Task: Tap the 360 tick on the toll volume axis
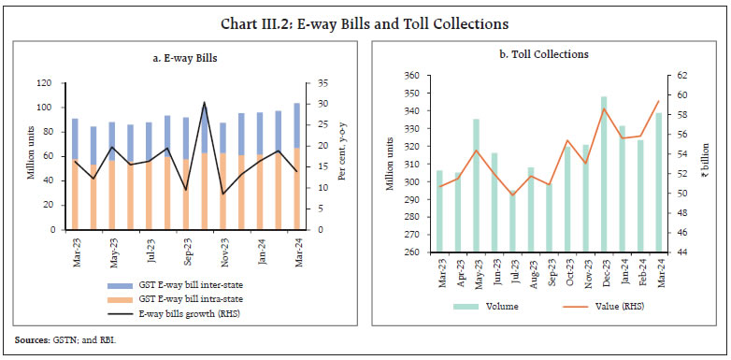coord(407,75)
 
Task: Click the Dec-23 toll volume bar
coord(604,174)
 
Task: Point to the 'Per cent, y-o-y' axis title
coord(341,155)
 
